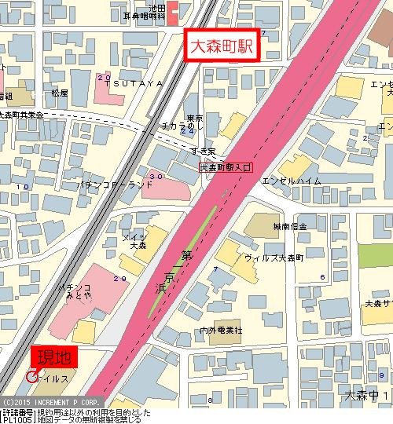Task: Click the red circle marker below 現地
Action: click(x=31, y=377)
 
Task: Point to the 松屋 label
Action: click(x=59, y=93)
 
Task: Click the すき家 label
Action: click(x=203, y=150)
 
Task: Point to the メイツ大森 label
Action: click(x=138, y=241)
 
